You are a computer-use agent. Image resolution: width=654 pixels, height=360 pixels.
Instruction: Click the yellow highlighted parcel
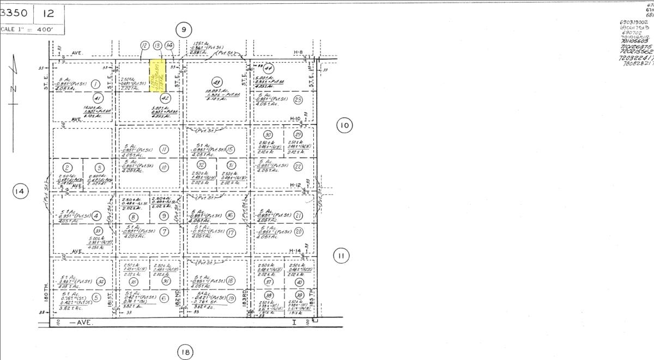[158, 76]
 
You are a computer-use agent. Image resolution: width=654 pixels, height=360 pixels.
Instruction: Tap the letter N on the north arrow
[14, 89]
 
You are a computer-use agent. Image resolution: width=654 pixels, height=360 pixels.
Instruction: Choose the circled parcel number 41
[99, 99]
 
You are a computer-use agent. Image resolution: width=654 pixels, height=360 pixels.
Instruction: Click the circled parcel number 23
[298, 99]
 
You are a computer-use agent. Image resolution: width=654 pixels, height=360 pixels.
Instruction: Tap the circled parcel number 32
[201, 165]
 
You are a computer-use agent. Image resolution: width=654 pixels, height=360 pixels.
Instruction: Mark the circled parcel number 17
[231, 233]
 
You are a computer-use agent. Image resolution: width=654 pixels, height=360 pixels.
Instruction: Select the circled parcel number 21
[298, 216]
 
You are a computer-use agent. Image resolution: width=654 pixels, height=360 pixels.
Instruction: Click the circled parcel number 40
[299, 282]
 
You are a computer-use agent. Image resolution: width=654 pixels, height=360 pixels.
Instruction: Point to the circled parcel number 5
[96, 297]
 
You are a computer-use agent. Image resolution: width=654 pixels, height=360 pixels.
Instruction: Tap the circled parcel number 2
[68, 168]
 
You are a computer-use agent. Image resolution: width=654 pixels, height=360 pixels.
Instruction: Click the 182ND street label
[178, 297]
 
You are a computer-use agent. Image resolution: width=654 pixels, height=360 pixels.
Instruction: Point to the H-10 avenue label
[295, 119]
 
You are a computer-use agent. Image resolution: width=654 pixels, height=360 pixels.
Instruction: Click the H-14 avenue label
[295, 251]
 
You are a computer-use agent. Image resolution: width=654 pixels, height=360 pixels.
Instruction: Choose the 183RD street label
[246, 297]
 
